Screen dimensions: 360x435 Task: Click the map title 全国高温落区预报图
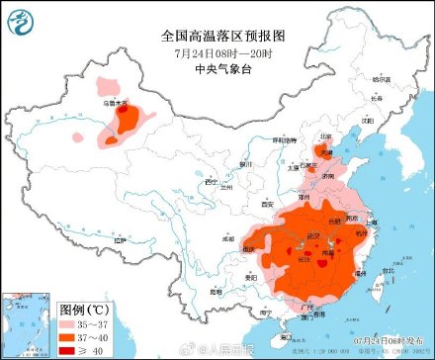217,35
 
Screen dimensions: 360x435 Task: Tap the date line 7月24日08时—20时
217,51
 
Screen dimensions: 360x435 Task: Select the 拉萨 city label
120,240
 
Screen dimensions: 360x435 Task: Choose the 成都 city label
230,237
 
